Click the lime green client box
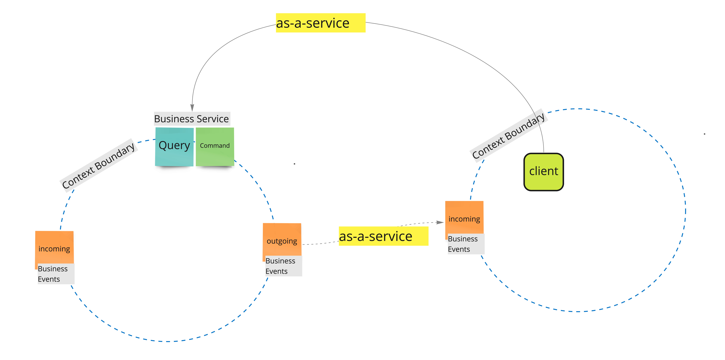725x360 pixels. coord(543,172)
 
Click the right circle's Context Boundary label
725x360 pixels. coord(508,136)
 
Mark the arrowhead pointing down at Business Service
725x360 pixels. coord(192,108)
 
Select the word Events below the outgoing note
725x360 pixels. coord(276,271)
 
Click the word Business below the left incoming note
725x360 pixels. coord(53,269)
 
